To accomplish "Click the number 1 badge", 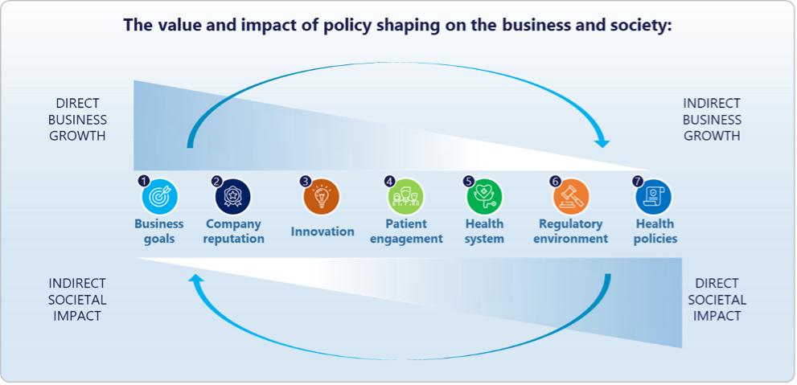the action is [x=144, y=181].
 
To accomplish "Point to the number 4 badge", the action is [x=390, y=181].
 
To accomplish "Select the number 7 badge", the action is [x=638, y=181].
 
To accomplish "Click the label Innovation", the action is [x=322, y=231].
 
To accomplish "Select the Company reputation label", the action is [x=234, y=231].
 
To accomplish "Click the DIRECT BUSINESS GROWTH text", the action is [x=78, y=120].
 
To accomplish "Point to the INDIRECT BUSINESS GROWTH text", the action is [x=712, y=120].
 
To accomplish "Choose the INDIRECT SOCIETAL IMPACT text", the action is [x=77, y=299].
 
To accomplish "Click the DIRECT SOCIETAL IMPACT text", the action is [x=717, y=299].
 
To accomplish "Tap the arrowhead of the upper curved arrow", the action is [x=602, y=142].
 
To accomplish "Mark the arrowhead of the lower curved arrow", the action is [x=196, y=278].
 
